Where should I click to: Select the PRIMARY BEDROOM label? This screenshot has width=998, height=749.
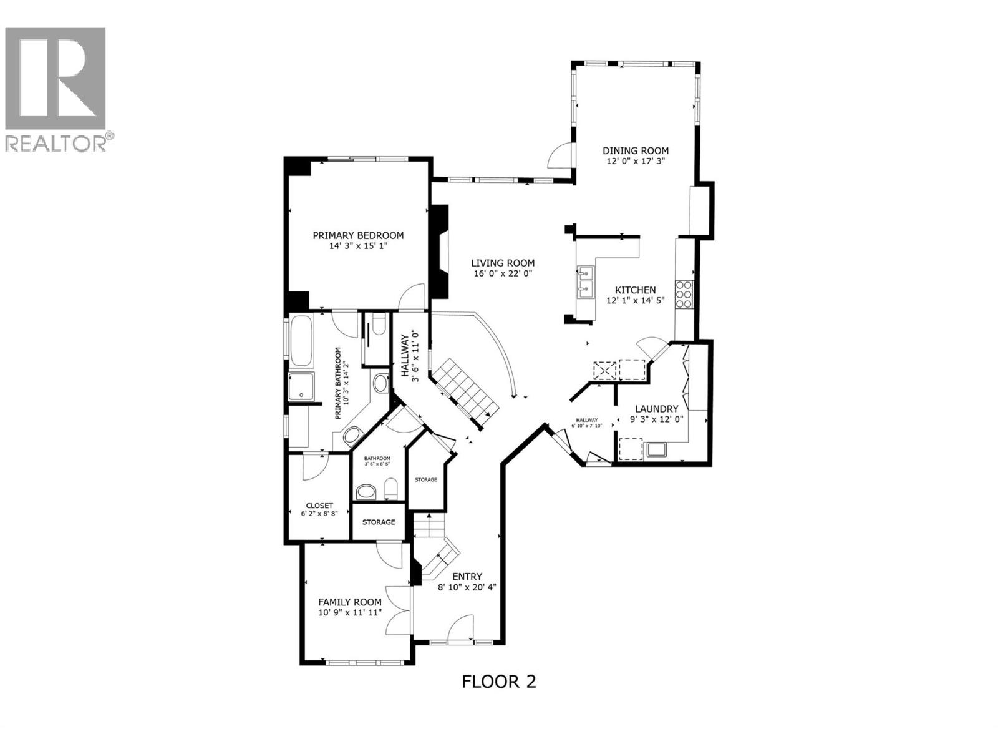coord(358,235)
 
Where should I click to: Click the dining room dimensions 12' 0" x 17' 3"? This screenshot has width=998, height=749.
coord(635,161)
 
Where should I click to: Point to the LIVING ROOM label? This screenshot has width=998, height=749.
coord(502,263)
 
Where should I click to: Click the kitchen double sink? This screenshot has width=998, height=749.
coord(585,280)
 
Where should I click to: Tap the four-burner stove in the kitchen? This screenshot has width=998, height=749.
coord(683,295)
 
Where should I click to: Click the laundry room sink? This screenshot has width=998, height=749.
coord(657,449)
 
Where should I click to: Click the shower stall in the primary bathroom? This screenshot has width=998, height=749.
coord(302,387)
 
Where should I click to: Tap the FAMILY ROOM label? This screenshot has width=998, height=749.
coord(349,602)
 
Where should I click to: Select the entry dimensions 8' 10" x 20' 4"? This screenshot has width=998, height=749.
coord(466,587)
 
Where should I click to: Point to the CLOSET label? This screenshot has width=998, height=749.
coord(319,506)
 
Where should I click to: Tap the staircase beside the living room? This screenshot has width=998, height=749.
coord(465,393)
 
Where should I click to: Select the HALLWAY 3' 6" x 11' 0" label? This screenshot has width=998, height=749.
coord(409,355)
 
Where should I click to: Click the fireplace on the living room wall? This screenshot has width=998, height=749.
coord(442,252)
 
